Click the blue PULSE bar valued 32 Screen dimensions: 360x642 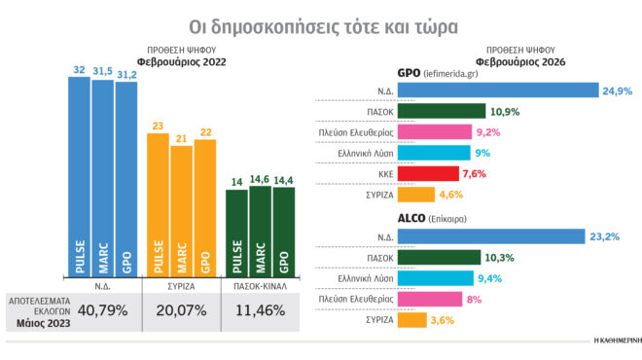[80, 175]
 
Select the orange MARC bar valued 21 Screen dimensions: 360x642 [182, 209]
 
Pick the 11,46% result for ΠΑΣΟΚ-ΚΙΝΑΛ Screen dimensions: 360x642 [262, 312]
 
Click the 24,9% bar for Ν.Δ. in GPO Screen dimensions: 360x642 [498, 90]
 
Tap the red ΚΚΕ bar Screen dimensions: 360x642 [429, 173]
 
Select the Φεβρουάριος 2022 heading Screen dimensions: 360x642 [182, 59]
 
